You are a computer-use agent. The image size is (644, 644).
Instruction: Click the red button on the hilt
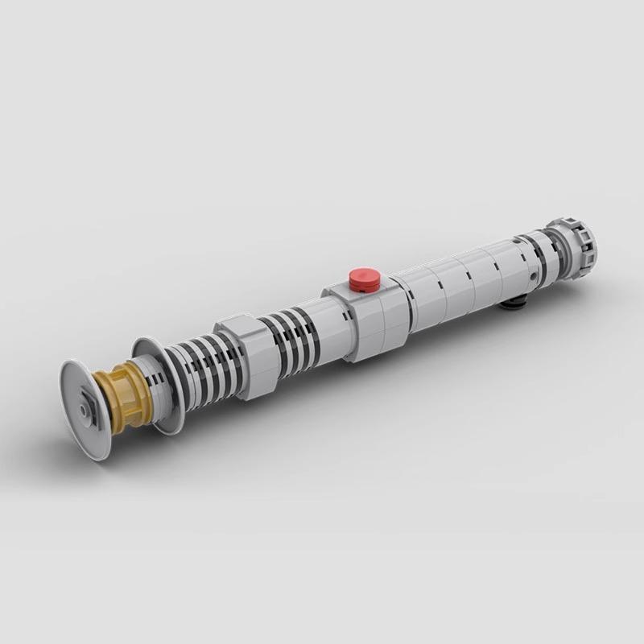[x=365, y=279]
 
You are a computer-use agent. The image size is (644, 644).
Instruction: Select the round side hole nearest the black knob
[x=533, y=275]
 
